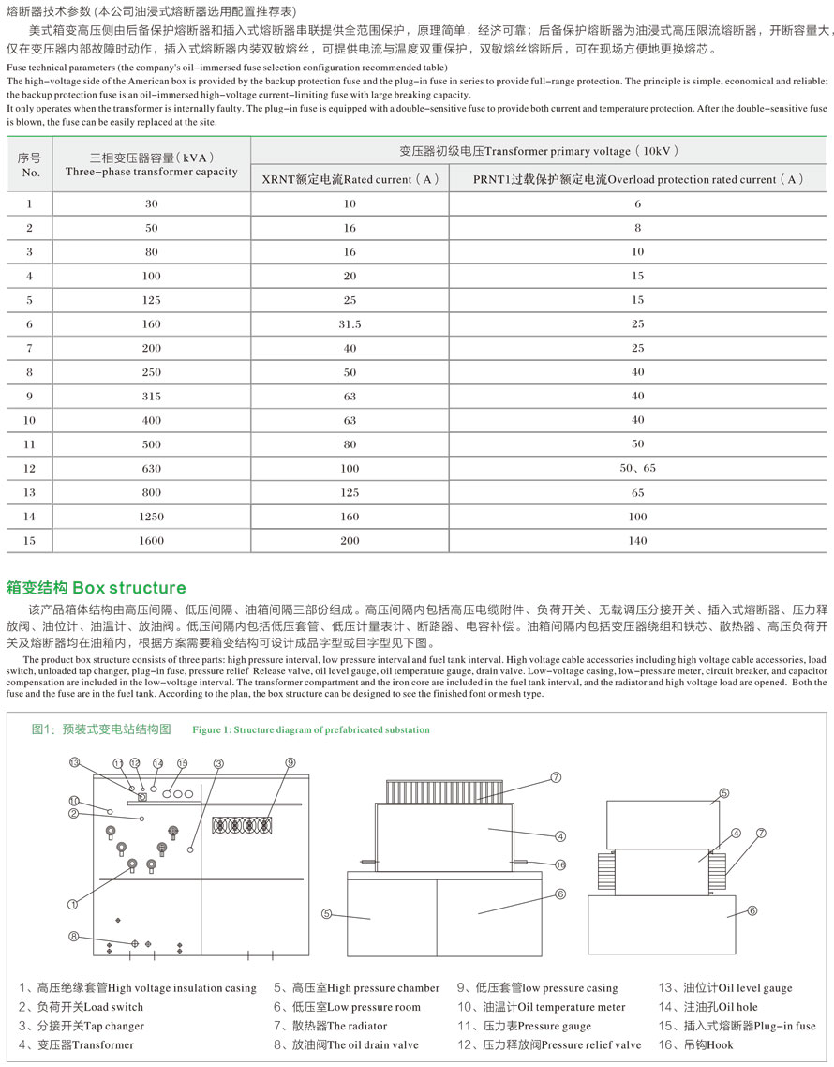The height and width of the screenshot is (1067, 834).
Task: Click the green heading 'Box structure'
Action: tap(97, 588)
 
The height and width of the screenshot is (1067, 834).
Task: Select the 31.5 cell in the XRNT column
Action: tap(350, 324)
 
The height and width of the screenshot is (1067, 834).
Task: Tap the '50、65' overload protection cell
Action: tap(637, 468)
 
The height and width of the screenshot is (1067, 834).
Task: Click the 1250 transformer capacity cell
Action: tap(152, 517)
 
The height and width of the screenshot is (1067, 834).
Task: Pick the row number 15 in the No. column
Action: tap(30, 540)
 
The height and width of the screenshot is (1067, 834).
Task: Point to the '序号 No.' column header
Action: tap(30, 165)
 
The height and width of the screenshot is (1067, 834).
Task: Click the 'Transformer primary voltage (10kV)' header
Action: tap(538, 150)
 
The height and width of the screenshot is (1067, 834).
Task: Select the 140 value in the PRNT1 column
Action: tap(637, 540)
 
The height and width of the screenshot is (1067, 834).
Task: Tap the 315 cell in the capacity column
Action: tap(152, 397)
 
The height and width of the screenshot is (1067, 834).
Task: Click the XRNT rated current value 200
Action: tap(350, 540)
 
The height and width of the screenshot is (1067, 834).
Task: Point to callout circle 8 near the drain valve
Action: tap(74, 936)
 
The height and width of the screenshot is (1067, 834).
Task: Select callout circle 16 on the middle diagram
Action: tap(560, 864)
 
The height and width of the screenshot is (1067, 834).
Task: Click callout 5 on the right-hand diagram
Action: tap(723, 794)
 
